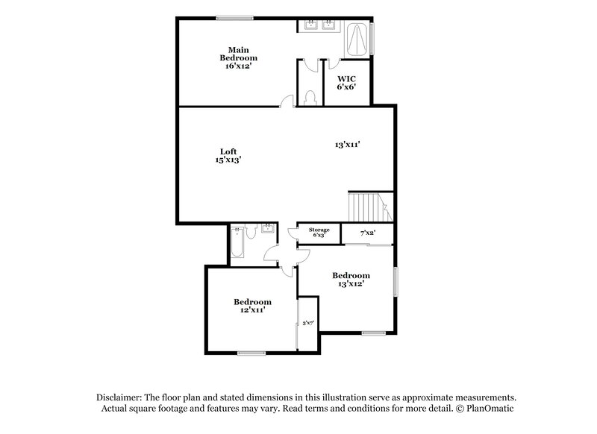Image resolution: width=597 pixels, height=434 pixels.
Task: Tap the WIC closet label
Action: (346, 78)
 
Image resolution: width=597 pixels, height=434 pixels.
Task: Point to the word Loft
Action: (228, 151)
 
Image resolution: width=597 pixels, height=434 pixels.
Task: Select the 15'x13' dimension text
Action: (228, 160)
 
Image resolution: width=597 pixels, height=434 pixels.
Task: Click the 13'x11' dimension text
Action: (348, 145)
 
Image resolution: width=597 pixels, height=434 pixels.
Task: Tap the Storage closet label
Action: (319, 230)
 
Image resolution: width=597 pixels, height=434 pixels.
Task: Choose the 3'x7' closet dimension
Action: (308, 323)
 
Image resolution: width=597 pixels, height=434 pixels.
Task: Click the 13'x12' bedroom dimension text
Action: (351, 283)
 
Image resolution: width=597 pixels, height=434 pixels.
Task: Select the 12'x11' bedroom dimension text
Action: (252, 310)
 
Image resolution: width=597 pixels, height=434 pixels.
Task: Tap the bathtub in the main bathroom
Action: (358, 40)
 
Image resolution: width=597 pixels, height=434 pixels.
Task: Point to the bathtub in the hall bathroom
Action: (237, 244)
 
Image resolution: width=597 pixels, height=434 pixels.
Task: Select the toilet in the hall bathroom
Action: (253, 233)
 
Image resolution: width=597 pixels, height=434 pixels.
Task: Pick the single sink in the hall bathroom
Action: (266, 230)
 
